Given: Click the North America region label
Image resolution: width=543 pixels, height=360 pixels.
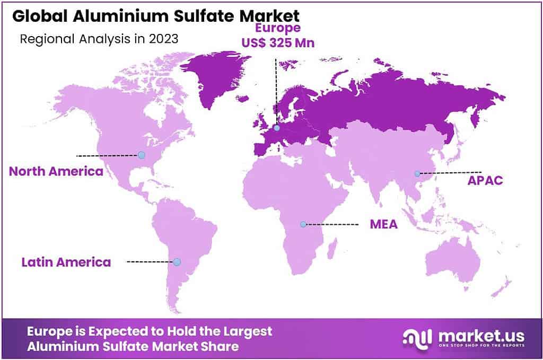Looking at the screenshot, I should [x=56, y=171].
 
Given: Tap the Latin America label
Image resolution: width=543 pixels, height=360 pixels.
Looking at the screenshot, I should [x=66, y=262].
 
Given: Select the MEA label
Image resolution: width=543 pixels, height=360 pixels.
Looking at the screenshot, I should [x=384, y=224].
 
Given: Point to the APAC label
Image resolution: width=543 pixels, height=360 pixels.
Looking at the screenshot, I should [x=485, y=180].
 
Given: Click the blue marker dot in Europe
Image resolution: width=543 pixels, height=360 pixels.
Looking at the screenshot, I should [x=277, y=128].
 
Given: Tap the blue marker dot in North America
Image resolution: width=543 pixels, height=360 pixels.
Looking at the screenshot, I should [x=142, y=155].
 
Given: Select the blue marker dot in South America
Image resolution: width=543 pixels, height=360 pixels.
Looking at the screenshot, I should [x=177, y=262].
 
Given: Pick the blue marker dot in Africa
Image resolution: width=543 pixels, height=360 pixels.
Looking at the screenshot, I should [x=303, y=224].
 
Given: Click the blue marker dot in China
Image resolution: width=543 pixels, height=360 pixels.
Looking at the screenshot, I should [x=417, y=173].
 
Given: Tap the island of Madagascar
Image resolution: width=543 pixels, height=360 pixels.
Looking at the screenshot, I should [x=332, y=248].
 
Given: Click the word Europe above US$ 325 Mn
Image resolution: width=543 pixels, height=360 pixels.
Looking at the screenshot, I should [x=278, y=28].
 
